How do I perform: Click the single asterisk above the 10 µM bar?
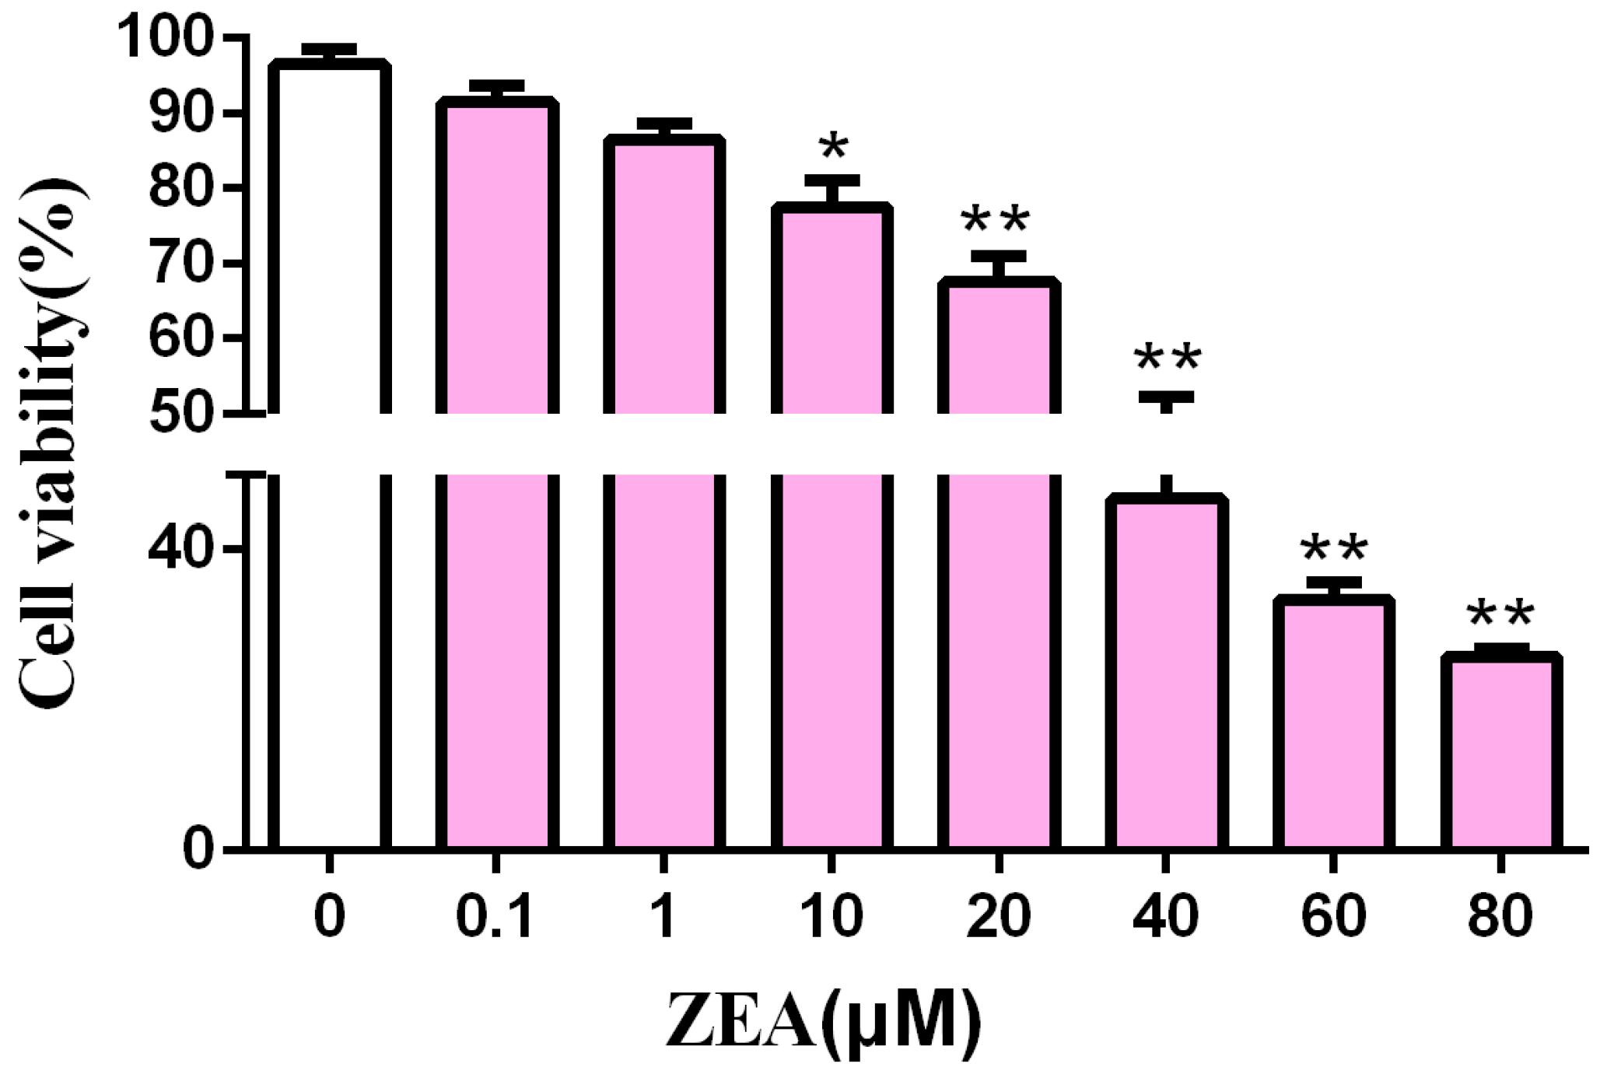[x=833, y=145]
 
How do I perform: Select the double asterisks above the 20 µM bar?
[x=996, y=220]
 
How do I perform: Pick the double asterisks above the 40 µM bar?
[x=1168, y=359]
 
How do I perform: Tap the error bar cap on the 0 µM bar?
[x=330, y=49]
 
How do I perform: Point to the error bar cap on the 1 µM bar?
[x=664, y=124]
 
